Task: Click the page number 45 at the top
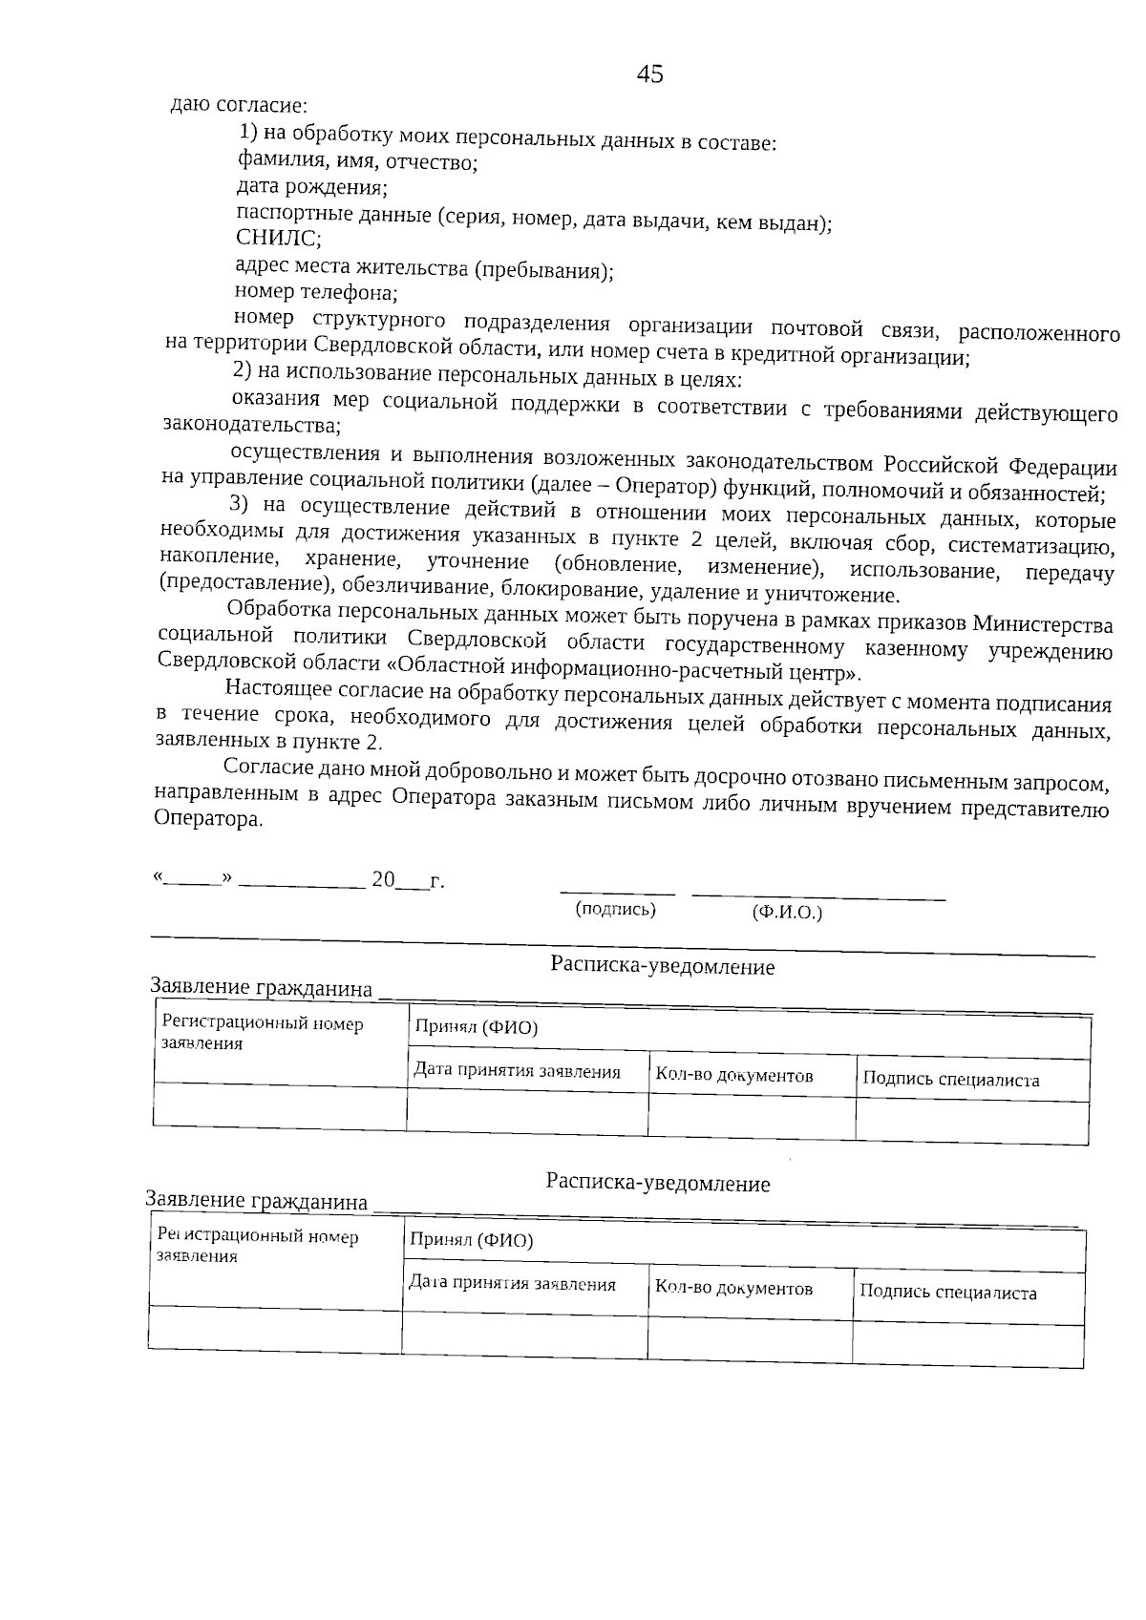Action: click(649, 74)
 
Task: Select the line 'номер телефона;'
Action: click(316, 292)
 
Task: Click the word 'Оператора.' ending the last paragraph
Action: click(208, 819)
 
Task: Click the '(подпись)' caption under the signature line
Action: click(615, 909)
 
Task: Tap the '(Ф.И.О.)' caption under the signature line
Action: click(787, 913)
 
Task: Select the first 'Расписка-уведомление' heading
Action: click(662, 966)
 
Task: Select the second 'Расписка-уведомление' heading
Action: click(658, 1184)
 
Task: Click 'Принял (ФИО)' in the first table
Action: click(476, 1027)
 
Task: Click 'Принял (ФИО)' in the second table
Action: click(471, 1240)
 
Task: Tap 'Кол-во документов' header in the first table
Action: click(733, 1076)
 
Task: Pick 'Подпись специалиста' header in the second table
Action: click(947, 1293)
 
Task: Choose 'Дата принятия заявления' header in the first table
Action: click(517, 1071)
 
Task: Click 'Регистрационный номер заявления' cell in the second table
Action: click(258, 1246)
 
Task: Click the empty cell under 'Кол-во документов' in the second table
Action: click(749, 1338)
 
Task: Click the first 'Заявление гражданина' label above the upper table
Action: click(262, 988)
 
